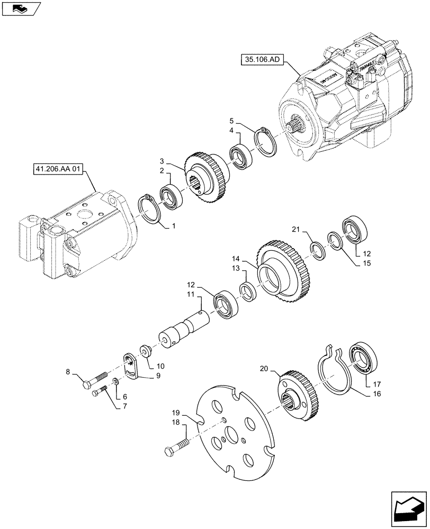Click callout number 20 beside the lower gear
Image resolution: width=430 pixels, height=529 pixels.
[x=264, y=368]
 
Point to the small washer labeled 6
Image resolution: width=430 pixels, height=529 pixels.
[x=116, y=382]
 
